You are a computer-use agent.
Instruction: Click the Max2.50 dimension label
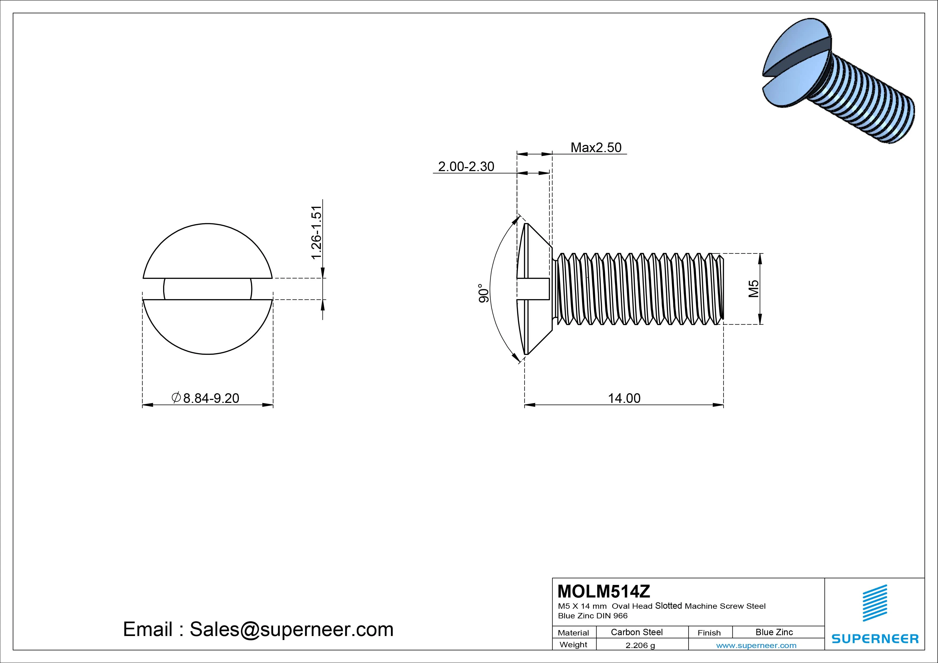[x=596, y=148]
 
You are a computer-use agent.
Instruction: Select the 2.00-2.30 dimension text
[x=466, y=167]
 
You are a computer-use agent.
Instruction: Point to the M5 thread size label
[x=754, y=289]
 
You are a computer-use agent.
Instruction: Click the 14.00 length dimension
[x=624, y=398]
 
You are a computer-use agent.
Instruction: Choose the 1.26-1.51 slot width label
[x=317, y=232]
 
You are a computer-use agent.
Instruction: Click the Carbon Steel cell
[x=636, y=632]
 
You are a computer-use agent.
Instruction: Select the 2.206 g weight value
[x=640, y=645]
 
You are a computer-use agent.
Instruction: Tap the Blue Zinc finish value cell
[x=774, y=632]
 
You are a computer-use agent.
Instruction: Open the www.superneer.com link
[x=756, y=645]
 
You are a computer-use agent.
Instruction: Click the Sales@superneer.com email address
[x=291, y=629]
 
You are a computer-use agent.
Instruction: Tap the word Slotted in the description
[x=668, y=606]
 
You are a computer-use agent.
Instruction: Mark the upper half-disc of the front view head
[x=207, y=253]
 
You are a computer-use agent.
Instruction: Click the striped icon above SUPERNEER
[x=875, y=603]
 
